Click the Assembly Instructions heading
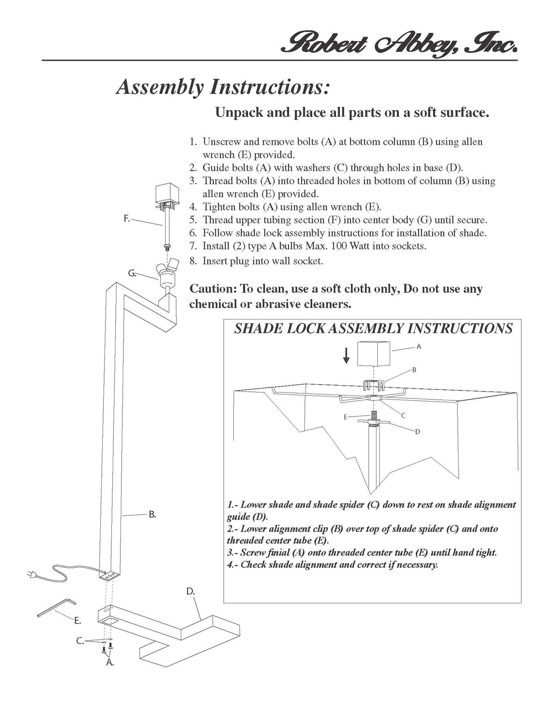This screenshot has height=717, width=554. click(x=223, y=87)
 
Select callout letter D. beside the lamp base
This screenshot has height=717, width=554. click(x=190, y=591)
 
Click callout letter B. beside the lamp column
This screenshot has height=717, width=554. click(x=152, y=514)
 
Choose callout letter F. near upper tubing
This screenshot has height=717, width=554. click(x=127, y=219)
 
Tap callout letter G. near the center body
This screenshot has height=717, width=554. click(x=132, y=273)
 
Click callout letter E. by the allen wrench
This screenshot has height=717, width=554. click(x=78, y=621)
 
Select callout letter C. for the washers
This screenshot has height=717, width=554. click(x=80, y=641)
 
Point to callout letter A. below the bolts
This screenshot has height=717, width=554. click(x=110, y=663)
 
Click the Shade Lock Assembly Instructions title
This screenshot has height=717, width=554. click(x=373, y=328)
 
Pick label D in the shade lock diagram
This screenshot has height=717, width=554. click(x=417, y=431)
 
